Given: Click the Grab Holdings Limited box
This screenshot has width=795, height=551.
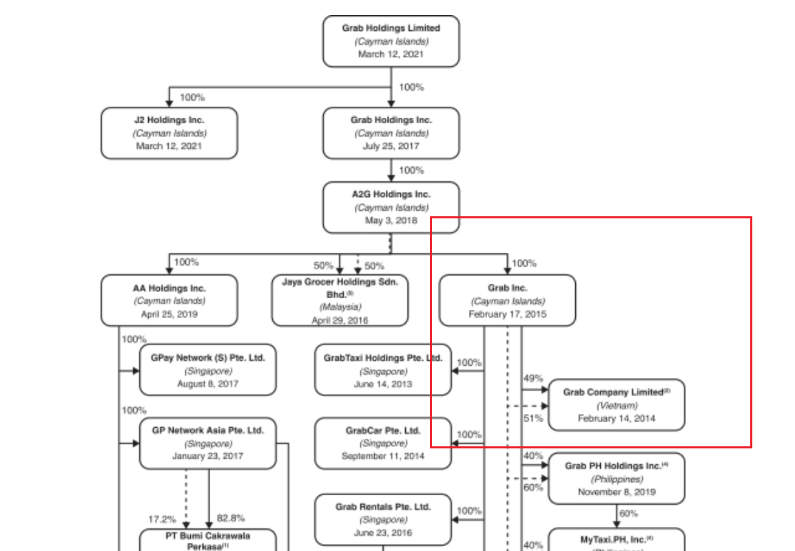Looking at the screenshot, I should click(391, 41).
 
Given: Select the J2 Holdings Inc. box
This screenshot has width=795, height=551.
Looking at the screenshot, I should click(169, 133).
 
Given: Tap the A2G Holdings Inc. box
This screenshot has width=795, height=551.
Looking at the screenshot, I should click(391, 207).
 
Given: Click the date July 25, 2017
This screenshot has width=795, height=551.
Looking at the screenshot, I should click(391, 146).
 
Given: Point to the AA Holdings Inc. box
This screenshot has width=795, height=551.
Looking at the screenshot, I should click(169, 301).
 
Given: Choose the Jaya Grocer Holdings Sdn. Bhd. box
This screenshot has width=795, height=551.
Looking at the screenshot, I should click(340, 301).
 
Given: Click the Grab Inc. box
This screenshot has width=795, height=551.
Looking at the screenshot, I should click(507, 301).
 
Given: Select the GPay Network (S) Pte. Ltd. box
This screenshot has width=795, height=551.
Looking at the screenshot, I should click(207, 371).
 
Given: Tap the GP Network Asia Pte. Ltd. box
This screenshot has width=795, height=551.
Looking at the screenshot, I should click(207, 444).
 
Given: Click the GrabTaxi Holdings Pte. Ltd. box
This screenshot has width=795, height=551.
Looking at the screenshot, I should click(383, 371).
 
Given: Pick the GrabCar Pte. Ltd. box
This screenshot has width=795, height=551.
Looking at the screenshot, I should click(383, 444).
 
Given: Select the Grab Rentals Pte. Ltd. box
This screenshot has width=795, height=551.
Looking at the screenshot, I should click(383, 519).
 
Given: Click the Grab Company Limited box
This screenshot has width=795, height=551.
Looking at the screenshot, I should click(617, 405).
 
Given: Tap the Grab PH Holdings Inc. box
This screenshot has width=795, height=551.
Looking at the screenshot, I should click(617, 479).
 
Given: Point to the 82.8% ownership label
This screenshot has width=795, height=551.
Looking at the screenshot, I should click(231, 518).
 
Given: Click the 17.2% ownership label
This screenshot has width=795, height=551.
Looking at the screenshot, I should click(163, 519).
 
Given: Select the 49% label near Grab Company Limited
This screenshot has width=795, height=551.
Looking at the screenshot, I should click(533, 378).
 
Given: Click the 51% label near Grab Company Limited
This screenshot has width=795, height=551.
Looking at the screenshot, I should click(533, 417).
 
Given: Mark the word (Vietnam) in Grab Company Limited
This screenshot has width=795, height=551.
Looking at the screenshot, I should click(617, 406).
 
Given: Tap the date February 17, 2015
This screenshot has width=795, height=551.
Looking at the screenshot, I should click(507, 314).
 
